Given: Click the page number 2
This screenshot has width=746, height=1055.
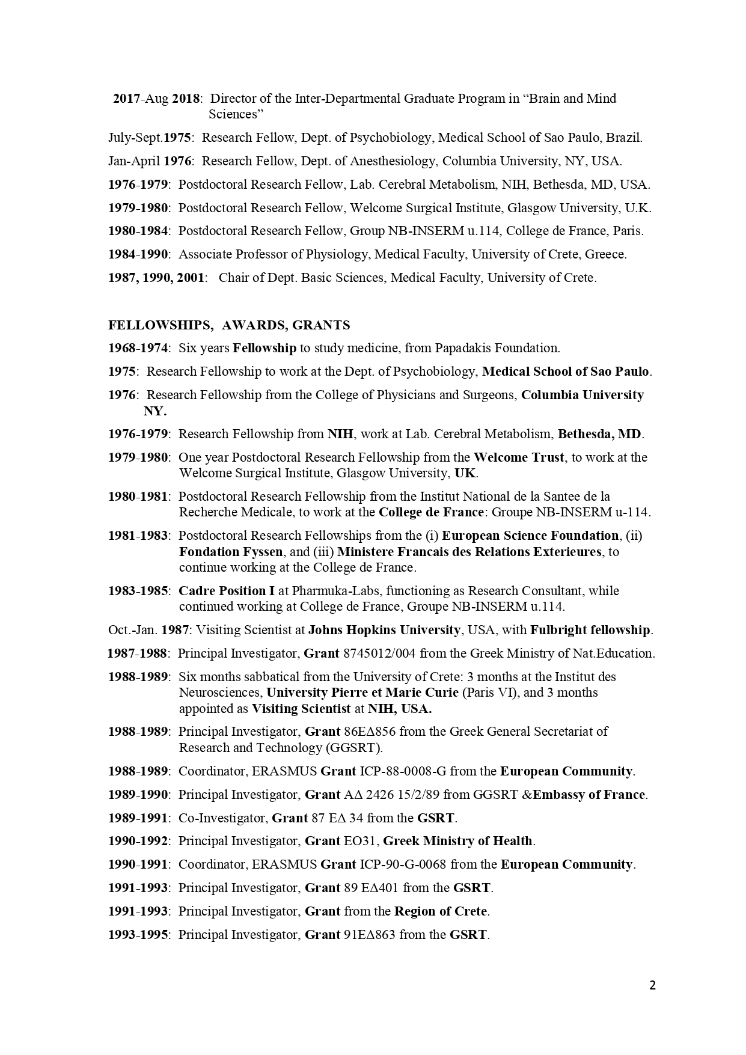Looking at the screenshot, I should coord(652,985).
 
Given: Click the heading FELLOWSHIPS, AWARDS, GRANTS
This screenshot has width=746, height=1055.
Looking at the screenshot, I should coord(228,325).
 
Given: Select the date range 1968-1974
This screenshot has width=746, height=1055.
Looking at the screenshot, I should coord(138,348).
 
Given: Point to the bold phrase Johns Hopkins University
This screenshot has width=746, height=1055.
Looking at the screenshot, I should coord(384,630).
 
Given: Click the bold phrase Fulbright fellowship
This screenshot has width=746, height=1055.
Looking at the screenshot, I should coord(590,630).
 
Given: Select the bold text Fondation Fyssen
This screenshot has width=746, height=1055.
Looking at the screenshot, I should coord(230,552).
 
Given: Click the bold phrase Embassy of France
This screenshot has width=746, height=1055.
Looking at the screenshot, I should coord(589,795).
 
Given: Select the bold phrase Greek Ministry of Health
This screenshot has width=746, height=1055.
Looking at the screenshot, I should coord(458,841).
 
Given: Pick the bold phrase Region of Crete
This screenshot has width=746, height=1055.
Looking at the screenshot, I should coord(441,911).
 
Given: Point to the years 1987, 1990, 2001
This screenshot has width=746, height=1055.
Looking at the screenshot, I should coord(156,278).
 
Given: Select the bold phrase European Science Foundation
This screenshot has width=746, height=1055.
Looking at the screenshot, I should coord(530,536).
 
